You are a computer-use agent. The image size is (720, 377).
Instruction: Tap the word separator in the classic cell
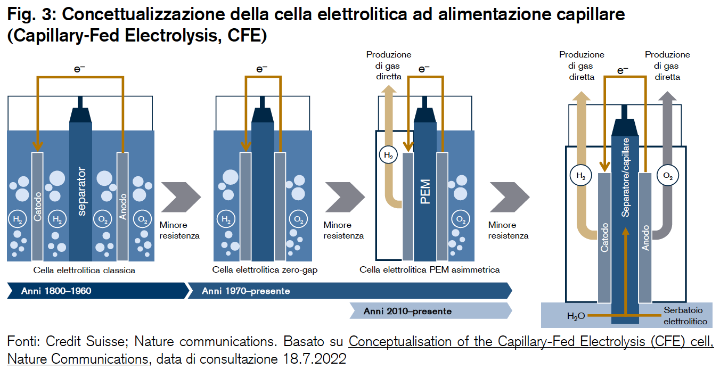click(x=81, y=192)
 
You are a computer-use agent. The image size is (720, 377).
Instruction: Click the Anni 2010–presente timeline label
click(x=407, y=311)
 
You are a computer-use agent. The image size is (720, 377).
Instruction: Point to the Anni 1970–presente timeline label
click(x=246, y=291)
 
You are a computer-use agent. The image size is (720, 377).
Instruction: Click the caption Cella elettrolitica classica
click(x=84, y=270)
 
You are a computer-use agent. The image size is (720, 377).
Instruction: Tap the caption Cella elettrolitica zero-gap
click(x=265, y=270)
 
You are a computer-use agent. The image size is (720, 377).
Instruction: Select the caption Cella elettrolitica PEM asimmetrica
click(x=430, y=270)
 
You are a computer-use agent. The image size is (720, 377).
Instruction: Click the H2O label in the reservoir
click(x=576, y=316)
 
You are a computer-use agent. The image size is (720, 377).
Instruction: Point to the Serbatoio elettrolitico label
click(x=685, y=316)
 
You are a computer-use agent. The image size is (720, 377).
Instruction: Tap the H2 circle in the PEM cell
click(x=388, y=155)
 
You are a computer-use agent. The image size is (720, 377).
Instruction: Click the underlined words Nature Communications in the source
click(x=77, y=359)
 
